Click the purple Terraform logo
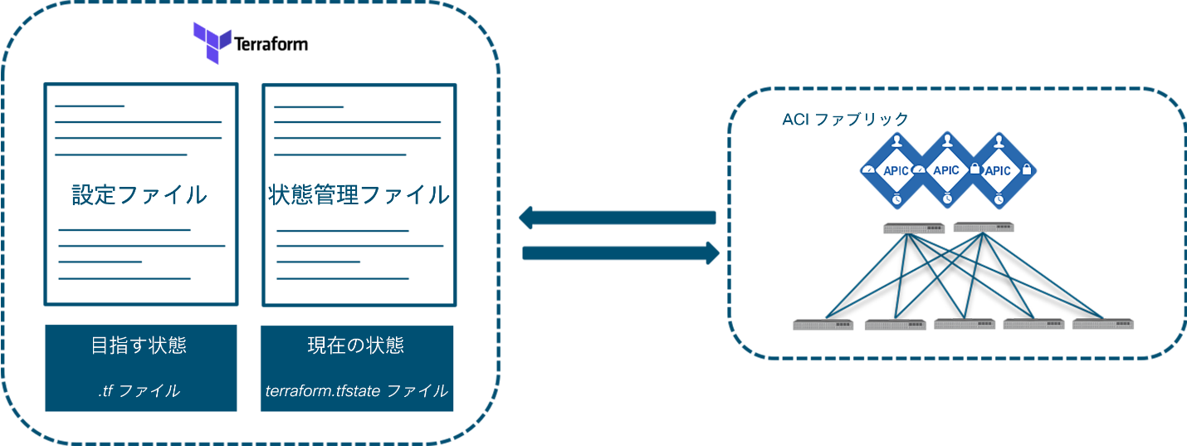click(x=212, y=43)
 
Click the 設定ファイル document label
click(x=139, y=195)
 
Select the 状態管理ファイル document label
click(x=359, y=195)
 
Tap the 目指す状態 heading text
click(x=139, y=346)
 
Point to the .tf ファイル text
click(x=139, y=390)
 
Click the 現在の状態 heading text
click(x=356, y=346)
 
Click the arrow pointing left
click(x=618, y=218)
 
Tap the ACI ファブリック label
click(x=845, y=120)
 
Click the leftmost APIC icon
click(x=896, y=170)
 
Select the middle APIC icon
click(x=946, y=170)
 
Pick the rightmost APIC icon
click(x=997, y=170)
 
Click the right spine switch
click(x=984, y=227)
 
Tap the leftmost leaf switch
click(x=823, y=325)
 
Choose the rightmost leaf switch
click(x=1102, y=324)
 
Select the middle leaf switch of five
click(x=965, y=324)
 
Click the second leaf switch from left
click(x=895, y=325)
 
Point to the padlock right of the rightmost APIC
click(x=1027, y=169)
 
